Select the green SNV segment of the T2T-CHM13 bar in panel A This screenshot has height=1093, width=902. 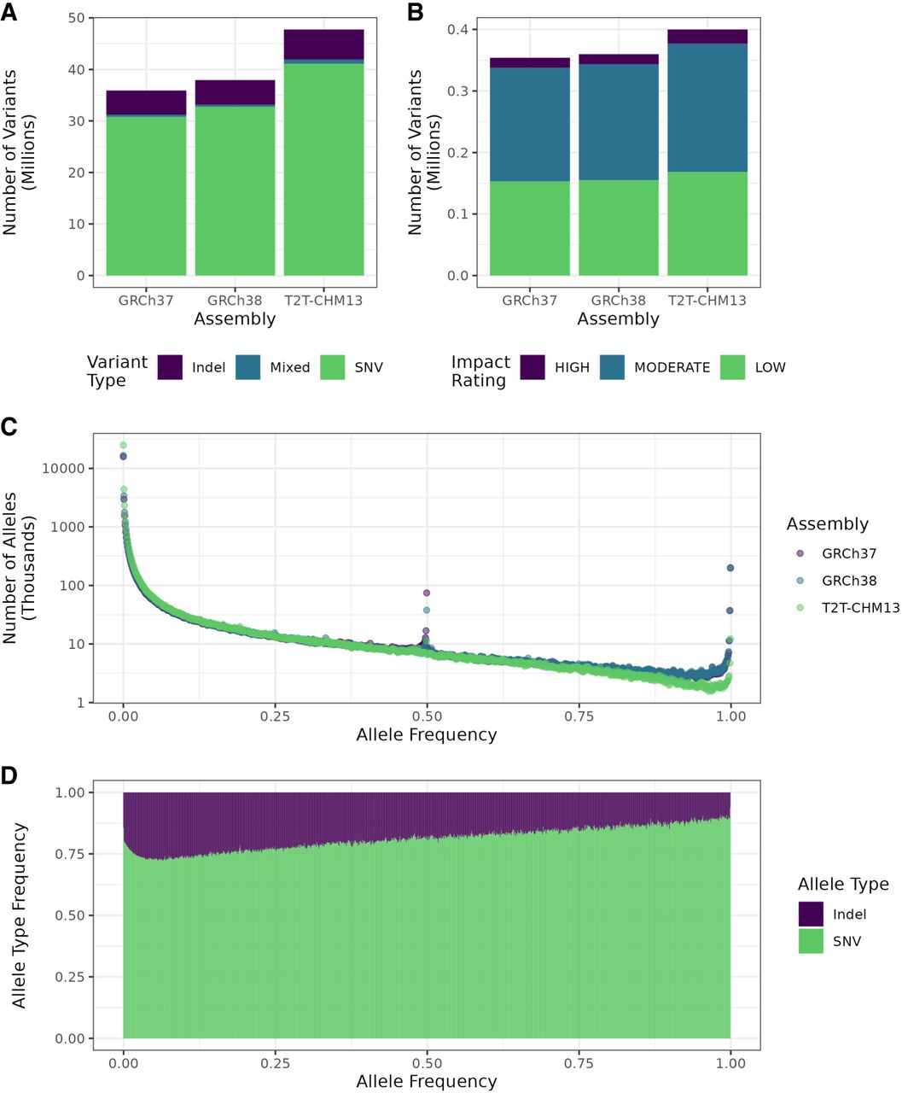click(x=323, y=171)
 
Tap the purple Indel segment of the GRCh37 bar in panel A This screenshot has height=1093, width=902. click(x=146, y=102)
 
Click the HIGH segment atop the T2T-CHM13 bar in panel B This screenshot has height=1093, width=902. click(x=707, y=37)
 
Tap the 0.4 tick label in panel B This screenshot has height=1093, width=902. click(x=461, y=30)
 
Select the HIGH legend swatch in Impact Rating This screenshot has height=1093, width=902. click(x=532, y=367)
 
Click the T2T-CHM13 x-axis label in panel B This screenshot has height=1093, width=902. click(x=707, y=301)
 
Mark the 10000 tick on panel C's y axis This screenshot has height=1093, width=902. click(x=62, y=469)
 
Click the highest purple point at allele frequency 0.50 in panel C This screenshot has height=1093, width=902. click(x=427, y=593)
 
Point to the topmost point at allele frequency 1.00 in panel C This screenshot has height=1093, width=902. click(x=730, y=568)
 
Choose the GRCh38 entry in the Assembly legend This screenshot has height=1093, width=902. click(x=848, y=581)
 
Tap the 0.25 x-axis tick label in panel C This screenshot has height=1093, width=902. click(x=276, y=716)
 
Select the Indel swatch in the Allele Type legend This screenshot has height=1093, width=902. click(x=811, y=914)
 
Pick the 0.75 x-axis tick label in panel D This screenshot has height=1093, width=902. click(x=579, y=1063)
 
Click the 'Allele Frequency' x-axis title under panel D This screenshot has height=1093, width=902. click(x=427, y=1082)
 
